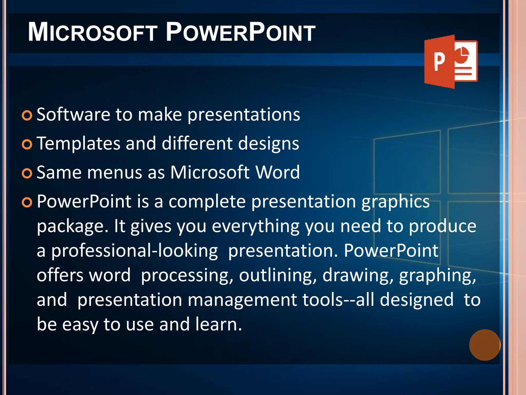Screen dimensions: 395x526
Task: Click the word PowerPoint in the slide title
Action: [x=240, y=32]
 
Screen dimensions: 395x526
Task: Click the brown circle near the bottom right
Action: [x=485, y=345]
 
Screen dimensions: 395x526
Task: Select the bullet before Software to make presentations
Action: [x=27, y=115]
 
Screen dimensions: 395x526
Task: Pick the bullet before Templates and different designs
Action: [x=27, y=145]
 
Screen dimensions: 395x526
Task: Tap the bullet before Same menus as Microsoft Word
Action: [x=27, y=174]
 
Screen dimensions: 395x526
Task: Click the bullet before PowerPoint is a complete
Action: [x=27, y=203]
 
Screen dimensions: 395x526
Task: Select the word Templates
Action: [x=78, y=143]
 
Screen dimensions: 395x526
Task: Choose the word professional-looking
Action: [x=134, y=251]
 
